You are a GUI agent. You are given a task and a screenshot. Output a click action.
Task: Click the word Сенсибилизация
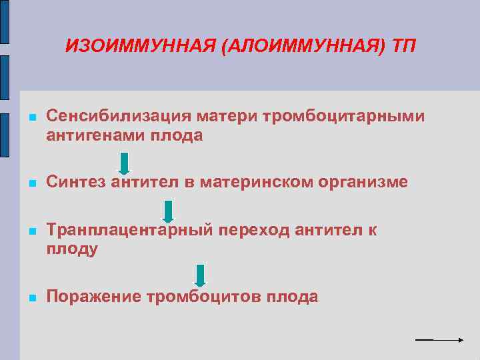click(119, 117)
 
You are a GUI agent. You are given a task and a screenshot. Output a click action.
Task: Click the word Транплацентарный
click(130, 230)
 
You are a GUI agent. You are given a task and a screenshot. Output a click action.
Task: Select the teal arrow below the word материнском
click(168, 211)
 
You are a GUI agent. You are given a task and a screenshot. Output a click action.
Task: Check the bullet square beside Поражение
click(31, 298)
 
